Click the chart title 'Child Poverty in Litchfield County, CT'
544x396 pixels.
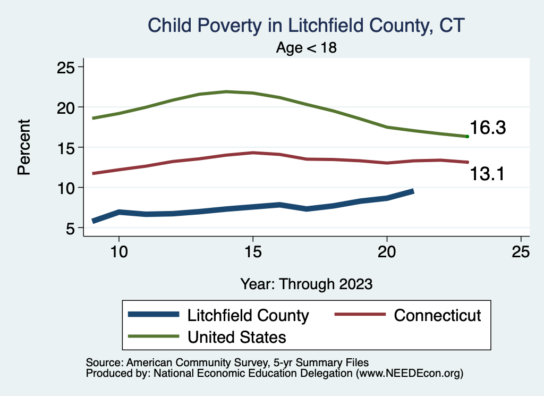(x=307, y=26)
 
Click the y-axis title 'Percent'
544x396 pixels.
(x=23, y=147)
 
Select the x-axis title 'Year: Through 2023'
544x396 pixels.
(x=307, y=283)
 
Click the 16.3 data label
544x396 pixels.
(x=487, y=128)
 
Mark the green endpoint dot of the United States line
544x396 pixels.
(x=467, y=137)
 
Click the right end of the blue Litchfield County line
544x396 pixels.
(x=412, y=191)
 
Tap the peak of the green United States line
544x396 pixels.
(x=226, y=91)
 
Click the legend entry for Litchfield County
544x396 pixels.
(x=248, y=315)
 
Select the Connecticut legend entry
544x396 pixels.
(x=437, y=315)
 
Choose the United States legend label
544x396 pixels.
(x=236, y=336)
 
